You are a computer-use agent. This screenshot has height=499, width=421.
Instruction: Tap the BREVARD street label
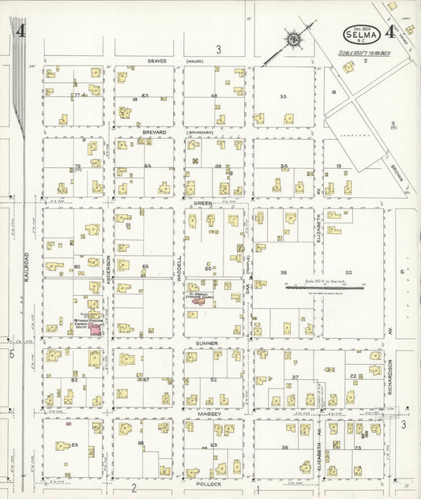click(155, 132)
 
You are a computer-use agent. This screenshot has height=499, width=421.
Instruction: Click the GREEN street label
click(204, 203)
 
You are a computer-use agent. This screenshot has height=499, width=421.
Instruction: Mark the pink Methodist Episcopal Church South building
click(94, 328)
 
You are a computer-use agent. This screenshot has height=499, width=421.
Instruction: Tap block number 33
click(282, 97)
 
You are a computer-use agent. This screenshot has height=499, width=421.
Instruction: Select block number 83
click(74, 445)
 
